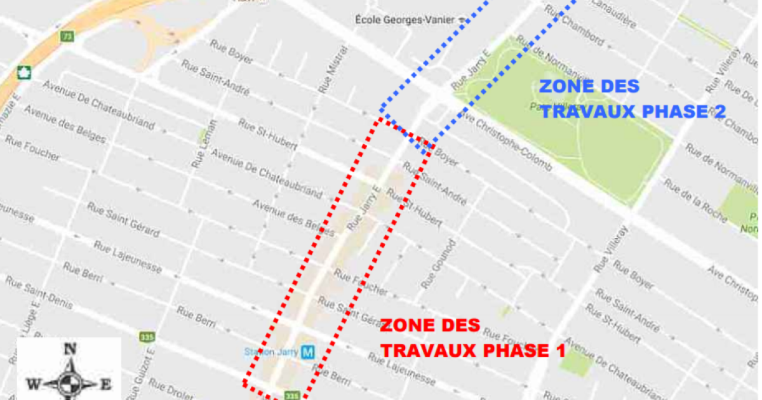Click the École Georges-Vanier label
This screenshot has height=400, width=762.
pos(410,20)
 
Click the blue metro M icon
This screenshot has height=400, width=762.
pos(308,351)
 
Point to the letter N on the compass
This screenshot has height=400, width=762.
pos(70,348)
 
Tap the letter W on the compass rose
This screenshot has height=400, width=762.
pos(32,384)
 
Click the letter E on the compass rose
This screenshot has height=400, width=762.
pos(106,384)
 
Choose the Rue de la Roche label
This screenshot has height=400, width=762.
pos(695,200)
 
